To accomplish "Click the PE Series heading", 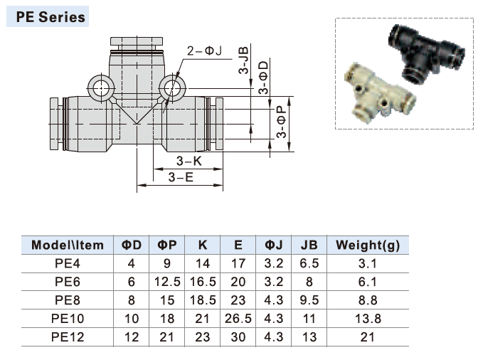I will tap(47, 16).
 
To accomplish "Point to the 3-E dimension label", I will tap(181, 177).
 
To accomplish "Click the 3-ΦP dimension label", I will tap(282, 123).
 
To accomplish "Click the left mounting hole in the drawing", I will tap(100, 89).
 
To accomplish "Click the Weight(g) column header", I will tap(368, 245).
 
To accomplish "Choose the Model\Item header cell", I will tap(68, 245).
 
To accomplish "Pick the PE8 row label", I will tap(68, 300).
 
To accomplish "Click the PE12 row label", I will tap(68, 337).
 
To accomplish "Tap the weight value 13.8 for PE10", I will tap(368, 319).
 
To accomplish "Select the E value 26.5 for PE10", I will tap(238, 319).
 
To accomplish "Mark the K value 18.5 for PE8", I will tap(203, 300).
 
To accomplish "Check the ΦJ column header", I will tap(274, 245).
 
